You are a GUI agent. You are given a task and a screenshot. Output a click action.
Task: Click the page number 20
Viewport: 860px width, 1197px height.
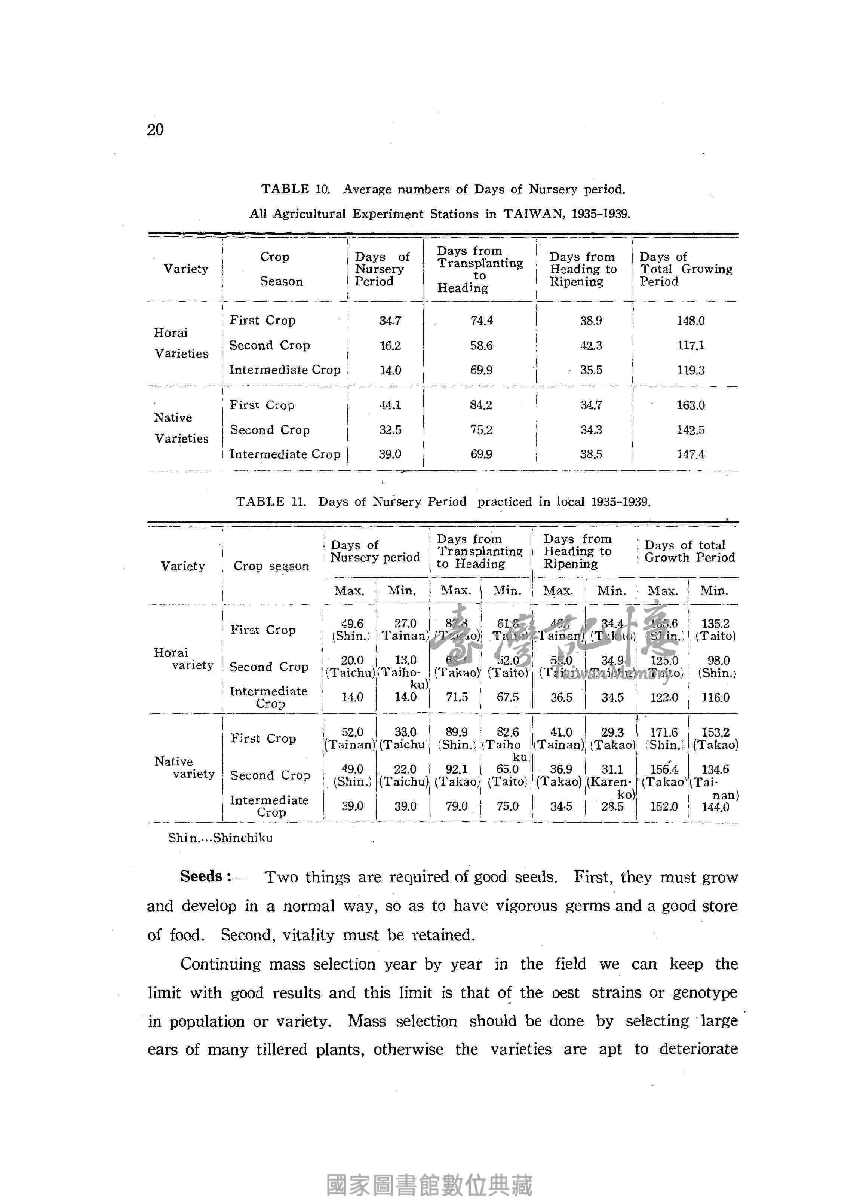click(x=156, y=129)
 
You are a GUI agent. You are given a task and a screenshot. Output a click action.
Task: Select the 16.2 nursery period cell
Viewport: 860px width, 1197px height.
click(x=390, y=346)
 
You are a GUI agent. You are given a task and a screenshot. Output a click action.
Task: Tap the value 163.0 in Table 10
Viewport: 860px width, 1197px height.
click(x=691, y=405)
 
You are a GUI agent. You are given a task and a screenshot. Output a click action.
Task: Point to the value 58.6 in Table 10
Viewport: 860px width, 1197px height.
click(x=481, y=346)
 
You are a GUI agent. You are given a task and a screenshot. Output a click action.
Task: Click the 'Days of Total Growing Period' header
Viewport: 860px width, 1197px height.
click(x=685, y=269)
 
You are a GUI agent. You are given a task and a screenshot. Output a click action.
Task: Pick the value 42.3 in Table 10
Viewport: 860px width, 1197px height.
click(x=591, y=346)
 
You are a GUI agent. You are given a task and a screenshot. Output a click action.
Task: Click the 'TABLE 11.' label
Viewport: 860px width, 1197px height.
click(x=271, y=501)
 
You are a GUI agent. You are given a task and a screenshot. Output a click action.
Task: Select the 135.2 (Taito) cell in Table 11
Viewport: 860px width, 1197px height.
click(x=715, y=630)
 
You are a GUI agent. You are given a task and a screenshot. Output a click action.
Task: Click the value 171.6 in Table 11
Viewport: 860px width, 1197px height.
click(x=664, y=732)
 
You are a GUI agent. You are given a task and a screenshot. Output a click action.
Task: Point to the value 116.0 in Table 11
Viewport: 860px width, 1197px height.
click(x=715, y=697)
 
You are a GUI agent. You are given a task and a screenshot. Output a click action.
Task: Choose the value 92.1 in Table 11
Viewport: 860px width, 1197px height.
click(x=457, y=769)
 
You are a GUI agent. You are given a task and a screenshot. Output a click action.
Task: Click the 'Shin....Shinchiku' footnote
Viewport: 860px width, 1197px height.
click(x=221, y=838)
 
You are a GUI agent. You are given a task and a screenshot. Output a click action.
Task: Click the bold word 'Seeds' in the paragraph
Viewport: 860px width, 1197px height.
click(x=201, y=877)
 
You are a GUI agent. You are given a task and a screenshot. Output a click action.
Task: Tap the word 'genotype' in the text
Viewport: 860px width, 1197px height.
click(x=705, y=993)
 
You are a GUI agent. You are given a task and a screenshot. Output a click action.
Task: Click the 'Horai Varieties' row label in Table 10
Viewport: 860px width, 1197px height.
click(x=181, y=343)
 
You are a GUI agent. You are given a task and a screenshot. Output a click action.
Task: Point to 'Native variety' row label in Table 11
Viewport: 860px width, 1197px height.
click(x=184, y=767)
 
